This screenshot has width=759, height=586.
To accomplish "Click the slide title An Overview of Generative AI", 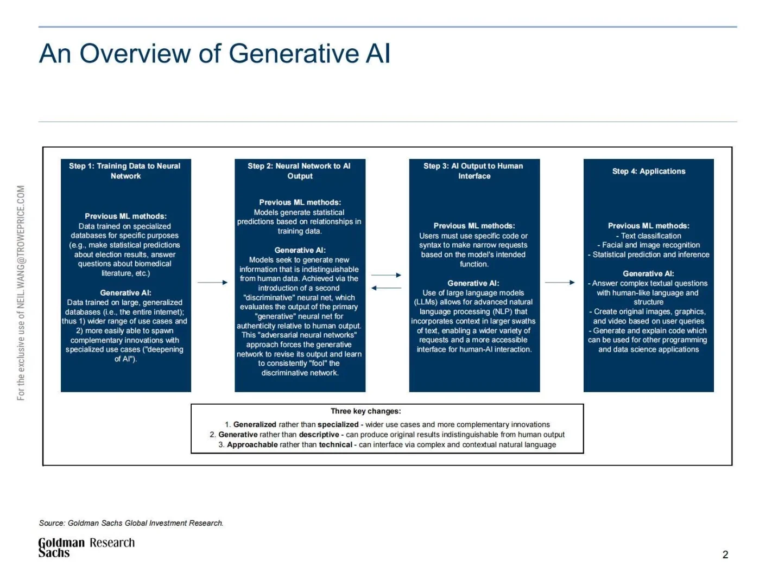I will tap(214, 54).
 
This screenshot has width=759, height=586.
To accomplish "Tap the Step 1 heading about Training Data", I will tap(125, 171).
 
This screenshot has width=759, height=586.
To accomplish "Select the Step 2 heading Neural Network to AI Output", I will tap(299, 171).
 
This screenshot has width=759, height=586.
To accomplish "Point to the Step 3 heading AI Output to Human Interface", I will tap(473, 171).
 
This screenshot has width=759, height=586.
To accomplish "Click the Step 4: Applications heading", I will tap(648, 171).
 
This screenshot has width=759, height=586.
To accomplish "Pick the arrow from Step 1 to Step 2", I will tap(212, 282).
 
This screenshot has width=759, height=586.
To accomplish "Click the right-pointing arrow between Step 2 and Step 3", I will tap(387, 275).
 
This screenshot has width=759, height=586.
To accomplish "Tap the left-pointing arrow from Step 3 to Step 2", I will tap(387, 288).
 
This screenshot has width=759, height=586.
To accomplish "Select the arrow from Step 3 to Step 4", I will tap(560, 282).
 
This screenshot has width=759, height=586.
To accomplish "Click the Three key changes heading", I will tap(366, 411).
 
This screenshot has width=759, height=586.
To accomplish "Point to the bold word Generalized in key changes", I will tap(255, 425).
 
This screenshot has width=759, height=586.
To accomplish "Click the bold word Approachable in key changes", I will tap(252, 445).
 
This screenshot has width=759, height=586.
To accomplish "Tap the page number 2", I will tap(725, 555).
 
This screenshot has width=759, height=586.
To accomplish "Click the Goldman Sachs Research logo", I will tap(86, 547).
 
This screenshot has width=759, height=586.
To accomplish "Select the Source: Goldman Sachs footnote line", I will tap(131, 523).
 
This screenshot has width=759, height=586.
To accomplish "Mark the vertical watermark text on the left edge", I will tap(21, 293).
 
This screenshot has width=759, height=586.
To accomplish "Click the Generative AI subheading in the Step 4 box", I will tap(648, 273).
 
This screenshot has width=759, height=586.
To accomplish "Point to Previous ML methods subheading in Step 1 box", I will tap(125, 216).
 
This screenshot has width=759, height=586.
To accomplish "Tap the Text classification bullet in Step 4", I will tap(650, 236).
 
